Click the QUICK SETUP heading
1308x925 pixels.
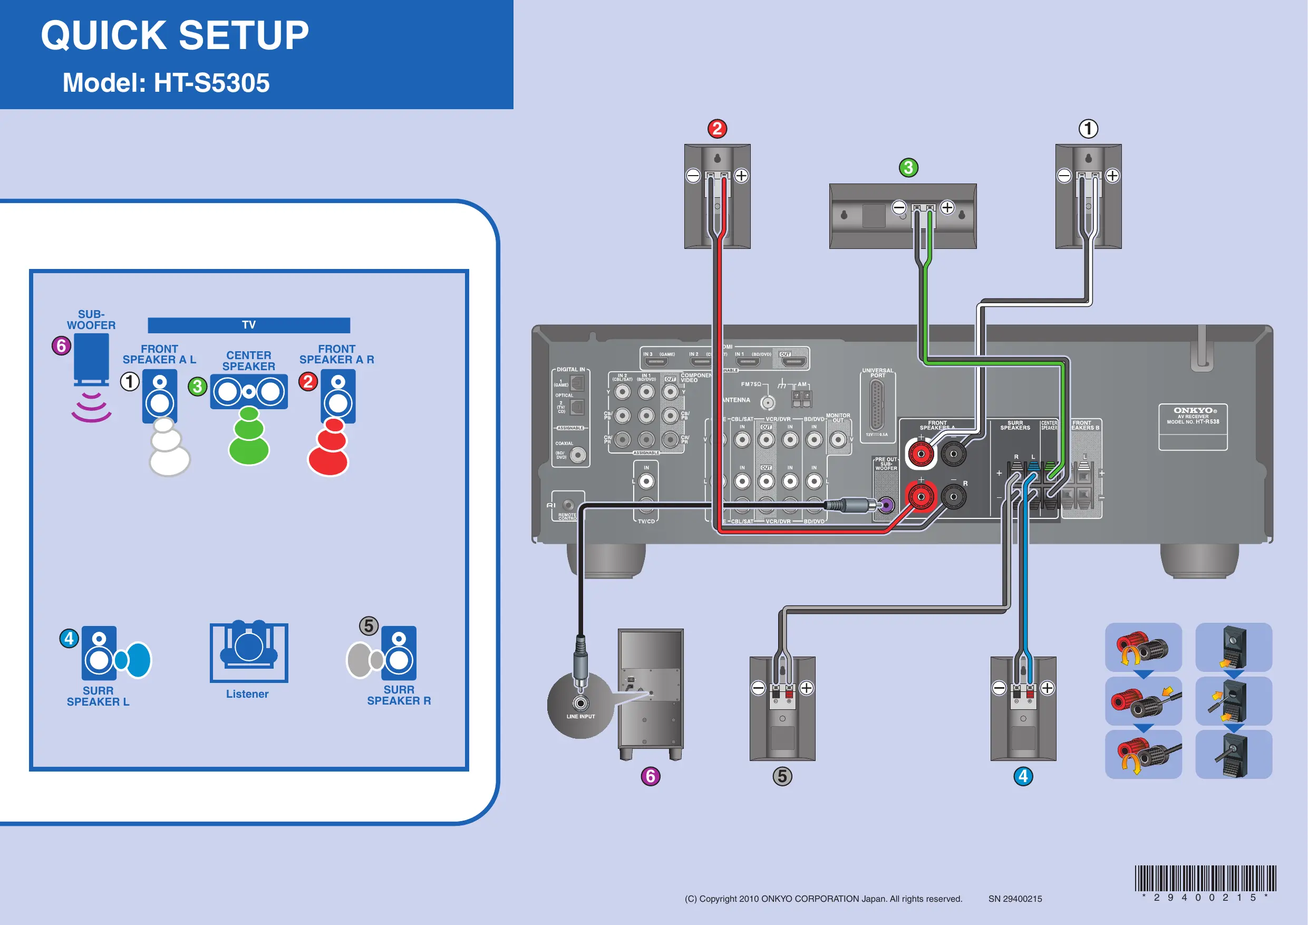point(175,35)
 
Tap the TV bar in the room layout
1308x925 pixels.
point(248,325)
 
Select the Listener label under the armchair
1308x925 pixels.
point(247,694)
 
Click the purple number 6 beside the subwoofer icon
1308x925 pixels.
point(62,345)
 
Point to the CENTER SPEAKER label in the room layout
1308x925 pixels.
point(248,361)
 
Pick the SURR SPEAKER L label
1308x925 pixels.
point(98,696)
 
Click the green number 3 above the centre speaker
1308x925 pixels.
point(909,168)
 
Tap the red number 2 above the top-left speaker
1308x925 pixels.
point(717,129)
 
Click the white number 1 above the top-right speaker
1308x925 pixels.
point(1088,129)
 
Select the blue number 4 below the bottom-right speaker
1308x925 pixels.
point(1023,776)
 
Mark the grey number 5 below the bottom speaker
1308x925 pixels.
point(782,776)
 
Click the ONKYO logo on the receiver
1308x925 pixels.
point(1193,410)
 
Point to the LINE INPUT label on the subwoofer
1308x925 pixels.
point(580,716)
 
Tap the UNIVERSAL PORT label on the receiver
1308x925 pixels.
point(877,373)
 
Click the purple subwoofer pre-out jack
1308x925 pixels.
point(886,505)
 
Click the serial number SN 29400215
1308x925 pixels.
point(1015,899)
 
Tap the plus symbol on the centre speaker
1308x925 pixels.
point(947,207)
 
